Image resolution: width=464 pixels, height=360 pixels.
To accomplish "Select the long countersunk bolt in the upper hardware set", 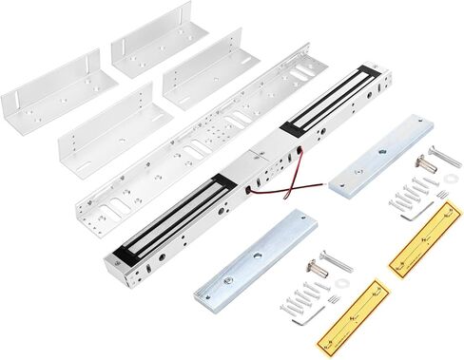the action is [x=444, y=156].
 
